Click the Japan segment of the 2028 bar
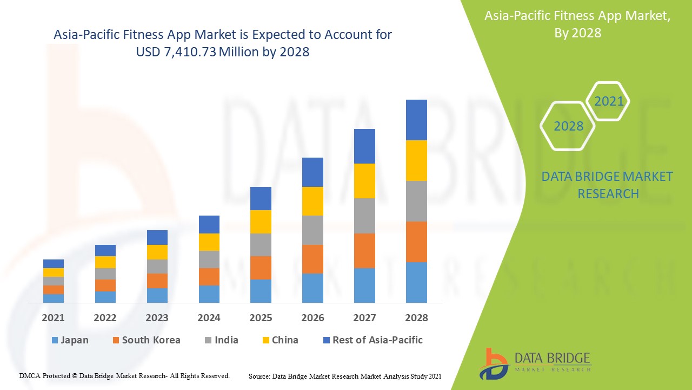point(416,282)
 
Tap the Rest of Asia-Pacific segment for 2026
point(312,172)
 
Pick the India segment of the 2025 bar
point(261,245)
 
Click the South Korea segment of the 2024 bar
point(209,276)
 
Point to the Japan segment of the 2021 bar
point(54,298)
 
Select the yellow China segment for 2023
point(157,252)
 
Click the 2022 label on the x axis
point(105,318)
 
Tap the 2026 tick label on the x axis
point(312,318)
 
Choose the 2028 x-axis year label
point(416,318)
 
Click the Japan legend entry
point(70,340)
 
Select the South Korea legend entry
point(146,340)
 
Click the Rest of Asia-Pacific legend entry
point(372,340)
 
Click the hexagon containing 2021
point(608,101)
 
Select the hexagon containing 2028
point(568,126)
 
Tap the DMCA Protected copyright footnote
point(124,375)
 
